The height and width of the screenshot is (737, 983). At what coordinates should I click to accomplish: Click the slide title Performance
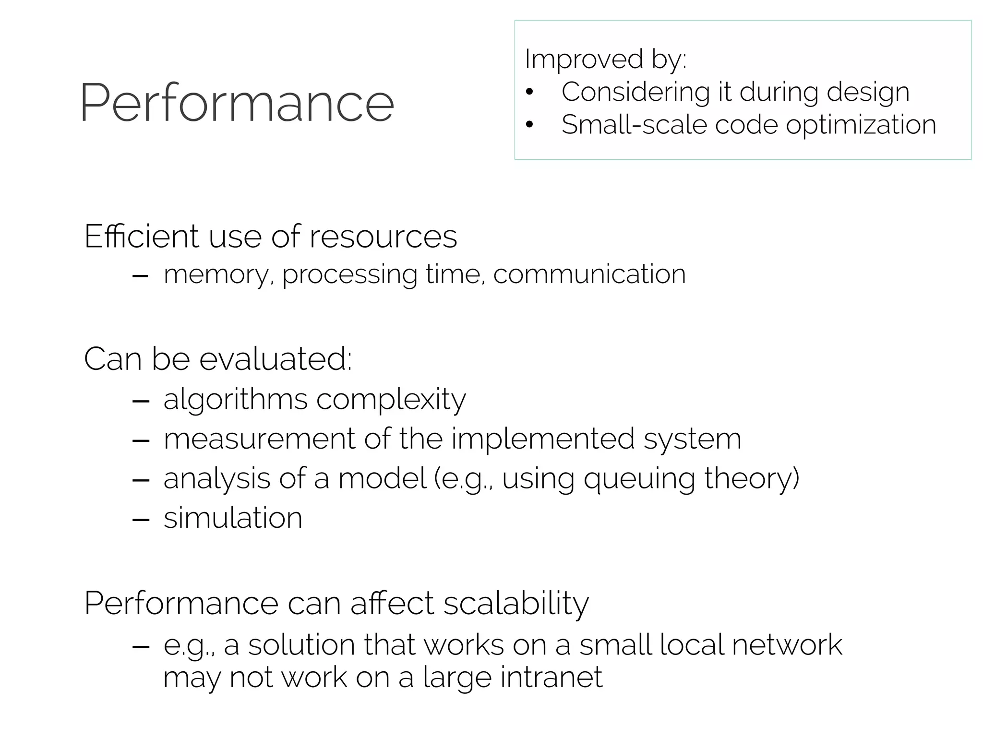(237, 103)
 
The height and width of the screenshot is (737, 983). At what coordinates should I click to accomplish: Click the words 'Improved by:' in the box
(605, 59)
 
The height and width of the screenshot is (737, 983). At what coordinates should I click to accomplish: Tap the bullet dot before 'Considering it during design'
(529, 92)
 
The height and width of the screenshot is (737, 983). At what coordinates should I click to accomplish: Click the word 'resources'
(383, 237)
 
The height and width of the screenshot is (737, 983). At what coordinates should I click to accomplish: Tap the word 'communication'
(589, 274)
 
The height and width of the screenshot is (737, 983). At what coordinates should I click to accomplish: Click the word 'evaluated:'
(276, 359)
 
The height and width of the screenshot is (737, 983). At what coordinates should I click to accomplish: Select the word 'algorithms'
(235, 400)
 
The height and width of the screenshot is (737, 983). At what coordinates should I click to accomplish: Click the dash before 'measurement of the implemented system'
(140, 440)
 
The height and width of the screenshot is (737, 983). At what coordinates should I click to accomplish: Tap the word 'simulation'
(233, 518)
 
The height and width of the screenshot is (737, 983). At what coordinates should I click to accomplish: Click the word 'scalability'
(516, 604)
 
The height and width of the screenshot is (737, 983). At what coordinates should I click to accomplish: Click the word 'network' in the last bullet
(787, 645)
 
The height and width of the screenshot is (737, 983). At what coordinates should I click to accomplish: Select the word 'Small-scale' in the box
(633, 125)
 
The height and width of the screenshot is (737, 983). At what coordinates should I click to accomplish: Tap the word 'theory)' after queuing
(752, 479)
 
